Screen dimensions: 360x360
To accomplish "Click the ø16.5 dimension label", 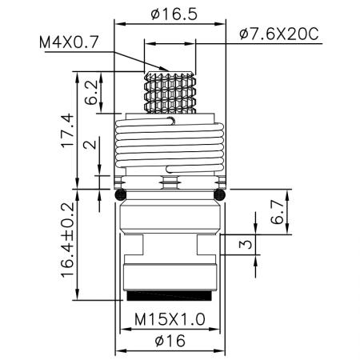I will click(x=170, y=14).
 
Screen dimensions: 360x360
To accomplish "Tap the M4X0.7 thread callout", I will click(x=74, y=41).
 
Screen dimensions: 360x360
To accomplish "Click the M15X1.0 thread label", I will click(x=170, y=318).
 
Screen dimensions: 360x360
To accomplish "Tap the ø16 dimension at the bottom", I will click(x=170, y=342).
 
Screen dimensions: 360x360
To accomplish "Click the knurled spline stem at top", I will click(x=169, y=89).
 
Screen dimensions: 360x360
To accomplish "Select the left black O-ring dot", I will click(x=120, y=194).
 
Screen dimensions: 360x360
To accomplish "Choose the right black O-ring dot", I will click(x=220, y=194).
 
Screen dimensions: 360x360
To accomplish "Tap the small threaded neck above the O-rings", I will click(x=170, y=182).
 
